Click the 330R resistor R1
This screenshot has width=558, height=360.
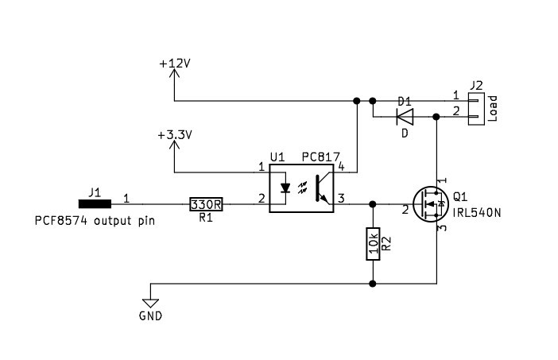[x=206, y=204]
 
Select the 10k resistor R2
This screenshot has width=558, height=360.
[x=372, y=243]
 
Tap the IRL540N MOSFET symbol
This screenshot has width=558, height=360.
[x=430, y=205]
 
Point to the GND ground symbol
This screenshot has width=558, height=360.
[x=149, y=303]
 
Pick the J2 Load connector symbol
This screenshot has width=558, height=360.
[x=476, y=109]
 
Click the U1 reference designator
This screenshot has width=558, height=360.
[x=277, y=157]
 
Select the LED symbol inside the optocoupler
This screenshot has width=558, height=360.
[x=285, y=189]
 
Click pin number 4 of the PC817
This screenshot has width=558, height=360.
[x=341, y=167]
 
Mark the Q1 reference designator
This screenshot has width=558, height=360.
[x=460, y=198]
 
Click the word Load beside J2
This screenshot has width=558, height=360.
[x=493, y=108]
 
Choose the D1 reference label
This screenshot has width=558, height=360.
[x=404, y=102]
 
